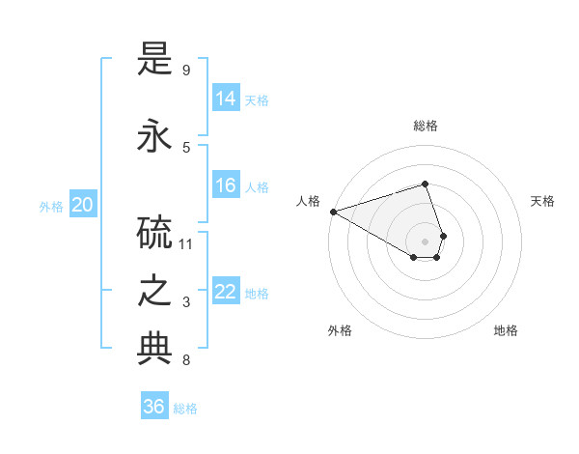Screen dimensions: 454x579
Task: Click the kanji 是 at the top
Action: pyautogui.click(x=154, y=63)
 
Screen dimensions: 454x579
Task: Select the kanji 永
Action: pyautogui.click(x=154, y=136)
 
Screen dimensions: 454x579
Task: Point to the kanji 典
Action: pyautogui.click(x=154, y=350)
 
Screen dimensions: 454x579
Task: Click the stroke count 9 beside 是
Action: pyautogui.click(x=185, y=71)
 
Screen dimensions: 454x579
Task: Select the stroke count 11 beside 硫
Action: pyautogui.click(x=186, y=243)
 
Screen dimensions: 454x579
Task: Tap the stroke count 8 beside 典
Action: pyautogui.click(x=185, y=361)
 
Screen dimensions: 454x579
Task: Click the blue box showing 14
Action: pyautogui.click(x=226, y=98)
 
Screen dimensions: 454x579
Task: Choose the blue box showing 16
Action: pyautogui.click(x=226, y=185)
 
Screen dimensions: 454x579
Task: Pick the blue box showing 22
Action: pyautogui.click(x=226, y=292)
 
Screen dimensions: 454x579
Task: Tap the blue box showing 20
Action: pyautogui.click(x=83, y=205)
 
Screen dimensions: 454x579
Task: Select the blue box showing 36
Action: pyautogui.click(x=154, y=407)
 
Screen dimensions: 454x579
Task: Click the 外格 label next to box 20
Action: pyautogui.click(x=51, y=206)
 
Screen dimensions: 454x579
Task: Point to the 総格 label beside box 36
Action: pyautogui.click(x=185, y=409)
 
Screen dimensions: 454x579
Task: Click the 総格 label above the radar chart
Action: pyautogui.click(x=425, y=126)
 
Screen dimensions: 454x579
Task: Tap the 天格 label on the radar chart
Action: pyautogui.click(x=542, y=201)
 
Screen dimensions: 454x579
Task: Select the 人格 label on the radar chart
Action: pyautogui.click(x=308, y=201)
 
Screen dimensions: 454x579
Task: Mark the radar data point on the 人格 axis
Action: pyautogui.click(x=333, y=212)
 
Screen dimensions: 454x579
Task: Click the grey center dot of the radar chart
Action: pyautogui.click(x=425, y=241)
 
